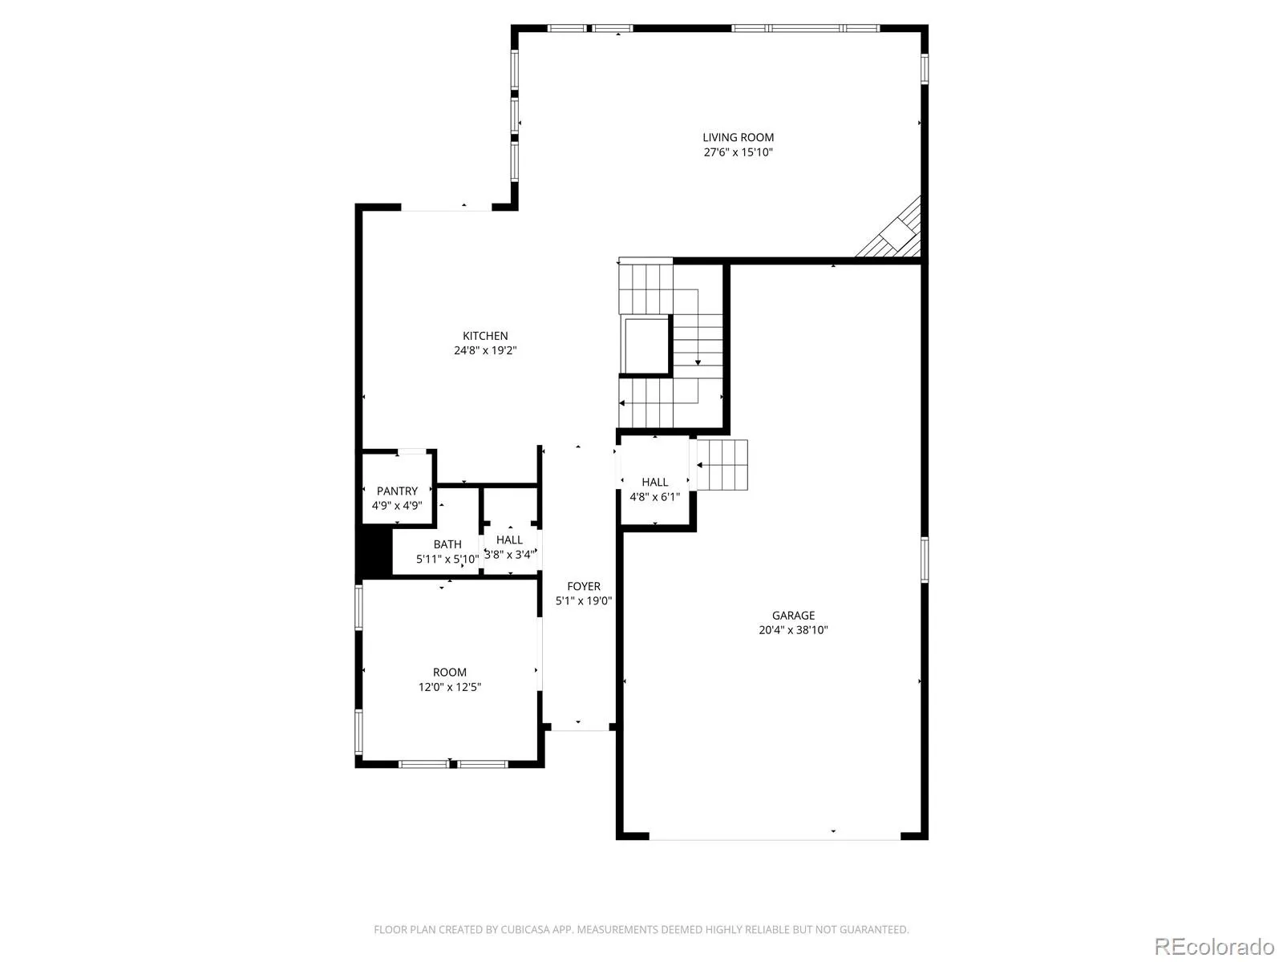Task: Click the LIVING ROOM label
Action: pos(738,137)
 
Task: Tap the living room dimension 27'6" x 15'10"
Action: pos(738,152)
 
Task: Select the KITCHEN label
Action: pos(485,336)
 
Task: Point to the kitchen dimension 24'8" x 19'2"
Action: pos(485,350)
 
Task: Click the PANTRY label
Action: pos(397,491)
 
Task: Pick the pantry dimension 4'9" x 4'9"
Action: pos(397,505)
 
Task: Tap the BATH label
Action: pos(447,544)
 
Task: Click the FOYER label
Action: pos(583,587)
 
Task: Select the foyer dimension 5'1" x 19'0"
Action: pos(583,601)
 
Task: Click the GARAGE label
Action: pos(793,616)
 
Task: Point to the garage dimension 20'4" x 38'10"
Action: pos(793,630)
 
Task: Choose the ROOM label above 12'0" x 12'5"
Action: pos(450,673)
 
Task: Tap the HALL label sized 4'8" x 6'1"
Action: pos(654,483)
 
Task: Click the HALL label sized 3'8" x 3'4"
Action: pos(509,540)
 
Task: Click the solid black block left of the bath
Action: pos(374,553)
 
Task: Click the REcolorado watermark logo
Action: pos(1215,946)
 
